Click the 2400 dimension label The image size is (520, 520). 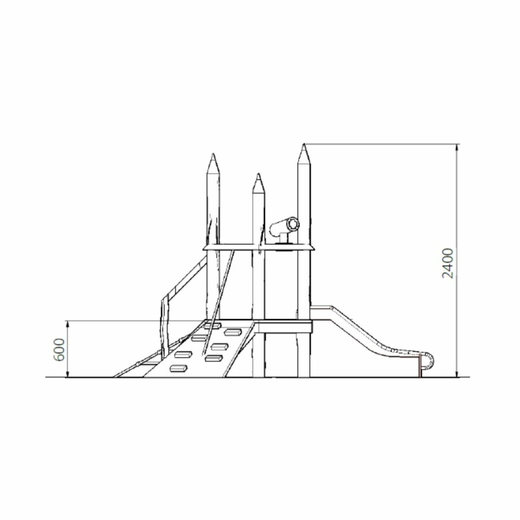click(x=448, y=263)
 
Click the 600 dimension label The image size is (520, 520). click(x=59, y=350)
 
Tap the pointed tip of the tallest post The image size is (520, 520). click(x=304, y=144)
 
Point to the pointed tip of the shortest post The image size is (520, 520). click(x=258, y=174)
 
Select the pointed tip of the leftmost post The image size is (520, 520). click(x=213, y=154)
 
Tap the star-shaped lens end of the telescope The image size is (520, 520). click(x=293, y=224)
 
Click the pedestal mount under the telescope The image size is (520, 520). click(x=284, y=239)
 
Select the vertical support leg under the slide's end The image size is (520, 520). click(x=420, y=365)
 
